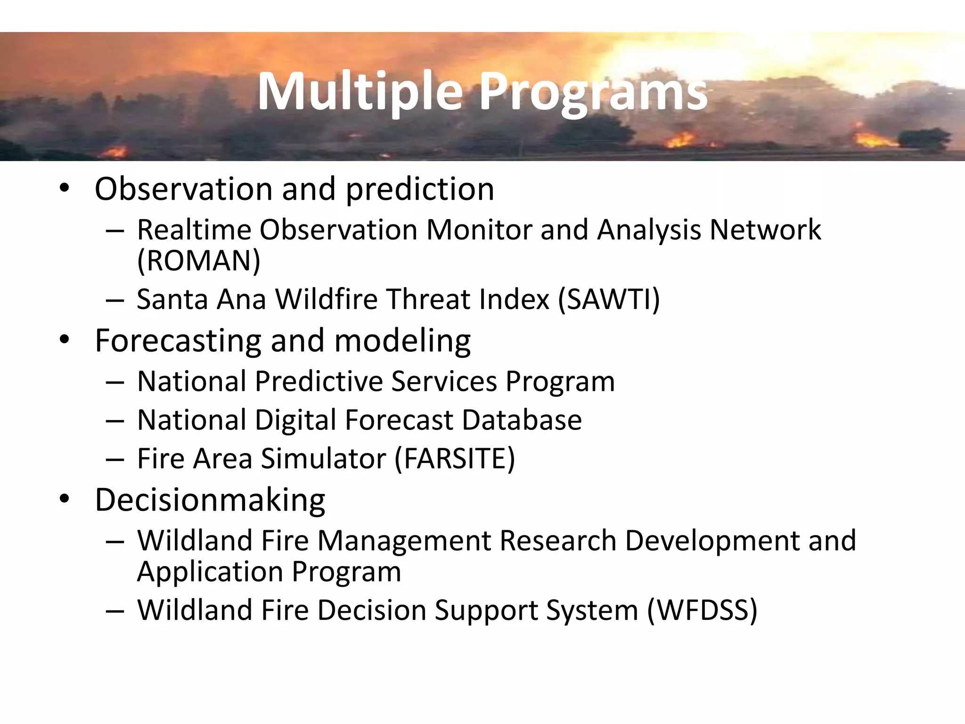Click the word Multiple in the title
pos(360,92)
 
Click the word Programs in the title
pos(594,92)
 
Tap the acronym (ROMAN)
pos(198,261)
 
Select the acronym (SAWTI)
pos(608,299)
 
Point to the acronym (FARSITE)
pos(454,459)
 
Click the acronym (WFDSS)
pos(702,610)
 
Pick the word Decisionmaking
pos(210,500)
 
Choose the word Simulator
pos(323,459)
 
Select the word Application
pos(210,572)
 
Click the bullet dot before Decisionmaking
pos(65,499)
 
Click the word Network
pos(765,230)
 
